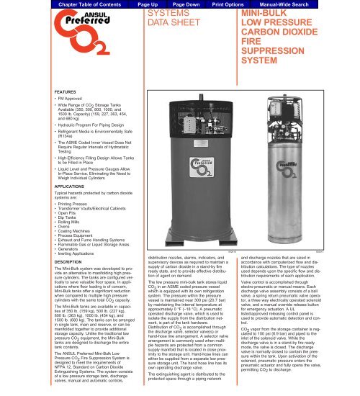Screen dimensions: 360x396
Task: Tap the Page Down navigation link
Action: pos(176,4)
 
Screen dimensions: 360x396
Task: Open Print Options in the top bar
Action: pos(232,4)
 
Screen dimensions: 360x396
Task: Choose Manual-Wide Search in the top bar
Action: pos(303,4)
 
